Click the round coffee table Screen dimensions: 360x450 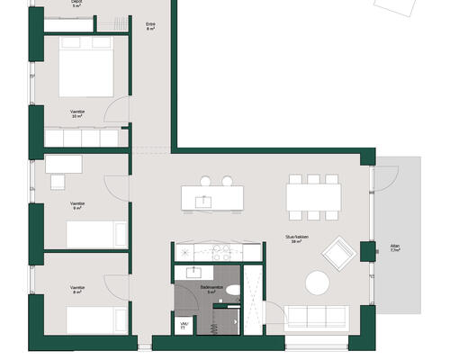(319, 284)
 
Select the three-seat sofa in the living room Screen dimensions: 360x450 (315, 316)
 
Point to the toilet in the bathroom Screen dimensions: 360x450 (233, 291)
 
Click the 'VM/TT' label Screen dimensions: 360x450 (184, 324)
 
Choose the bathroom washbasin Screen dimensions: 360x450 (193, 270)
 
